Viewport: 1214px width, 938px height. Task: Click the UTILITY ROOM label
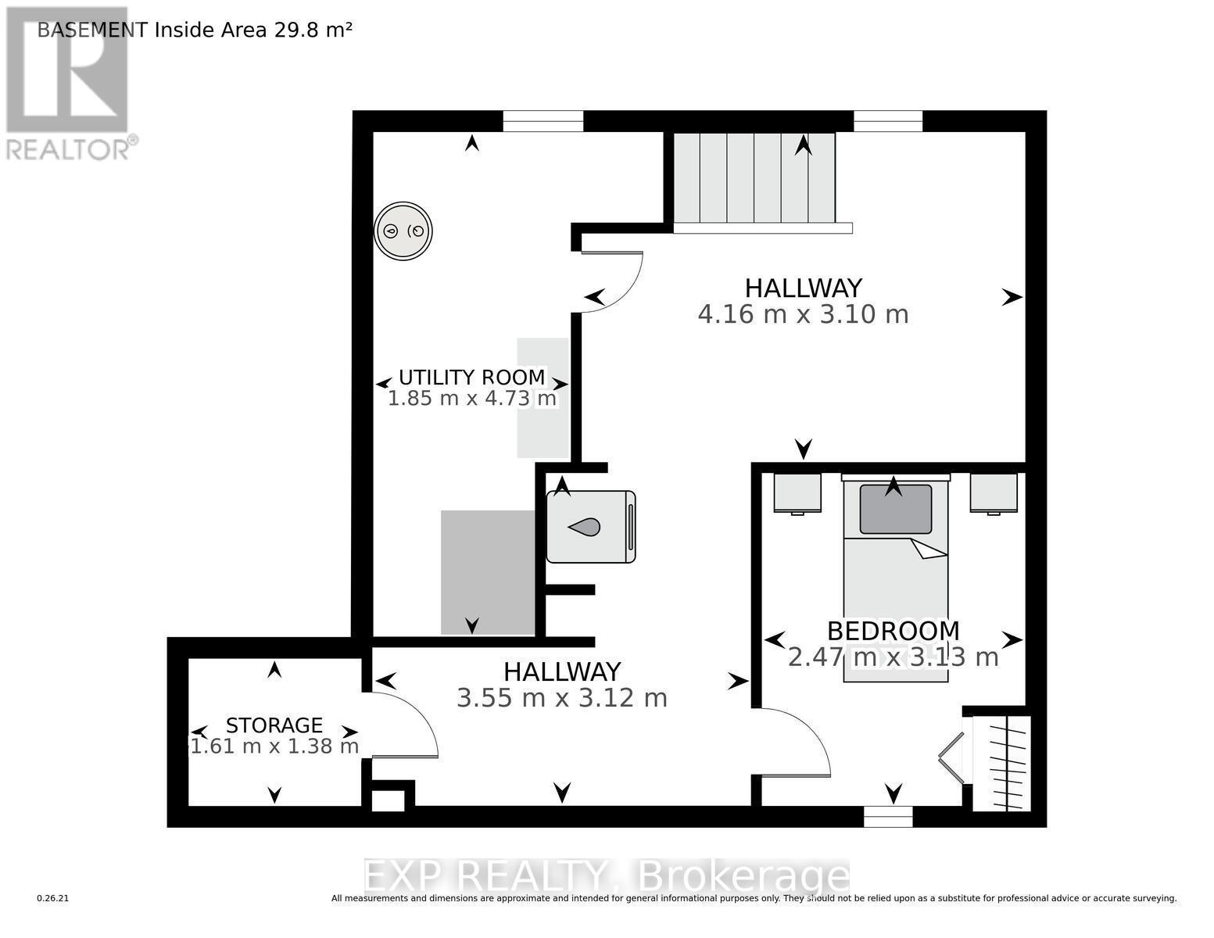[471, 377]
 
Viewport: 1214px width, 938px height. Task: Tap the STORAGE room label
[274, 725]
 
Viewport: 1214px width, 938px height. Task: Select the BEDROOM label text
[893, 630]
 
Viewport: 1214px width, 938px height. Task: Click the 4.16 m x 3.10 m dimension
[803, 314]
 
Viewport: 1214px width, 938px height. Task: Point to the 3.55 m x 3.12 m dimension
[561, 697]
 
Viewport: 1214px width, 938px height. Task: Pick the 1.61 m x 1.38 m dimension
[274, 746]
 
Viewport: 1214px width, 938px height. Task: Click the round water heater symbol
[403, 231]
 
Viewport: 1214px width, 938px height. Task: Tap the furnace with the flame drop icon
[590, 527]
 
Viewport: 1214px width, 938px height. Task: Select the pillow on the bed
[895, 510]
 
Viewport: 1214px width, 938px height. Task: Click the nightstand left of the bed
[797, 492]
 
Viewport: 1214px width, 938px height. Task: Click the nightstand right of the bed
[994, 492]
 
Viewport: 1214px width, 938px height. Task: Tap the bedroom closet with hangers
[1003, 763]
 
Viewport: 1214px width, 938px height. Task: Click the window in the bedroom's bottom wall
[887, 816]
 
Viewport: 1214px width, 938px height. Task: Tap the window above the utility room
[543, 121]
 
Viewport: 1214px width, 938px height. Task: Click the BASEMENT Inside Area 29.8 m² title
[195, 30]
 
